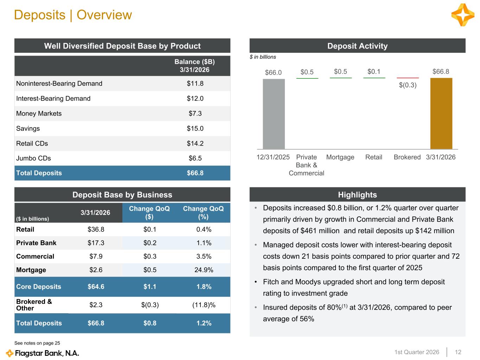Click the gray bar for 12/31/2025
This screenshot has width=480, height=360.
274,114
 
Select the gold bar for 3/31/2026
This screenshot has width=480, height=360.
441,113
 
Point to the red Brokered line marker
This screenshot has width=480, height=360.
408,78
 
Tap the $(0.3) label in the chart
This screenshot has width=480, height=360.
408,85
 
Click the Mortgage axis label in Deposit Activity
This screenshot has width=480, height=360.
340,157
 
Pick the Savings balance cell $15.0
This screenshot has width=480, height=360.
195,129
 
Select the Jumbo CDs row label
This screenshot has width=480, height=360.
34,158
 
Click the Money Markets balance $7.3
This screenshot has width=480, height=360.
195,114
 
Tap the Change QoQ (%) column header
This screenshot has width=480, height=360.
203,212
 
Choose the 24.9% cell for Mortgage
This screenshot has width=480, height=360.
204,270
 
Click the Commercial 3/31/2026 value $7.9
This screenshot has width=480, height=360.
96,257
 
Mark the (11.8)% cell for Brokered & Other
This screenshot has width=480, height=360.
204,305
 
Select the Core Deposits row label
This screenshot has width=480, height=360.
39,287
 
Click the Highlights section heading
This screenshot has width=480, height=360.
357,195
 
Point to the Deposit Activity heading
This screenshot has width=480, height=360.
357,46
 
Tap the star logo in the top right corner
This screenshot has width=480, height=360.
462,15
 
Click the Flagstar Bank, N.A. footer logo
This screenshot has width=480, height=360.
43,353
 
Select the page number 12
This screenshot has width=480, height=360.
458,352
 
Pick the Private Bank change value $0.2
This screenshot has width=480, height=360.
150,243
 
